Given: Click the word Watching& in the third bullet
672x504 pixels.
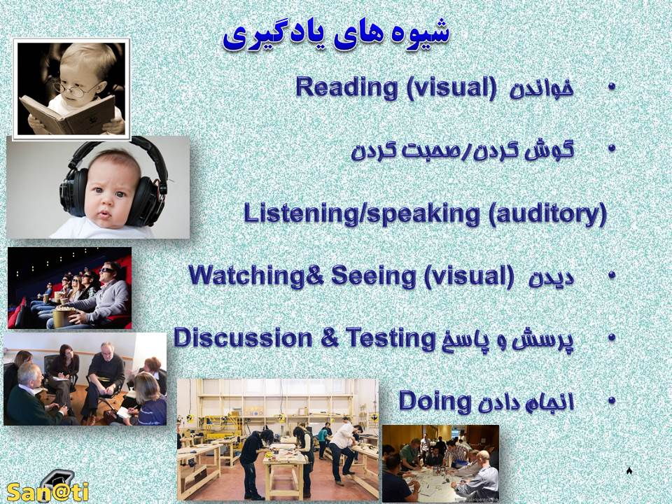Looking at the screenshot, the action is point(256,275).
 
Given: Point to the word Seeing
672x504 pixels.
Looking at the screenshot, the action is point(373,276).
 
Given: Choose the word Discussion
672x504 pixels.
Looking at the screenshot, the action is point(243,337).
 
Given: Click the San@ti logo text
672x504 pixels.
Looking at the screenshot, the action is point(48,492).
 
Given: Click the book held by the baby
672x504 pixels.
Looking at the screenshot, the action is point(68,114).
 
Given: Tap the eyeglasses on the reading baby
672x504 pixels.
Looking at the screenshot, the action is point(76,89).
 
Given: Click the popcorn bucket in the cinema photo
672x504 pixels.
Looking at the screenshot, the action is point(63,316).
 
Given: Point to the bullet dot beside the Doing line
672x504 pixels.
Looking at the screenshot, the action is point(611,400).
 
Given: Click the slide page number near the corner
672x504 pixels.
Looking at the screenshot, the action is point(629,471).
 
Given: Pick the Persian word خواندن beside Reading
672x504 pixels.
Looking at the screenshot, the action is point(541,89).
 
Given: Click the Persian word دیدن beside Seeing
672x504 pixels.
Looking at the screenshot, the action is point(551,278).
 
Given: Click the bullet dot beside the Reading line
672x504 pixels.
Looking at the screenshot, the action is point(611,87).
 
